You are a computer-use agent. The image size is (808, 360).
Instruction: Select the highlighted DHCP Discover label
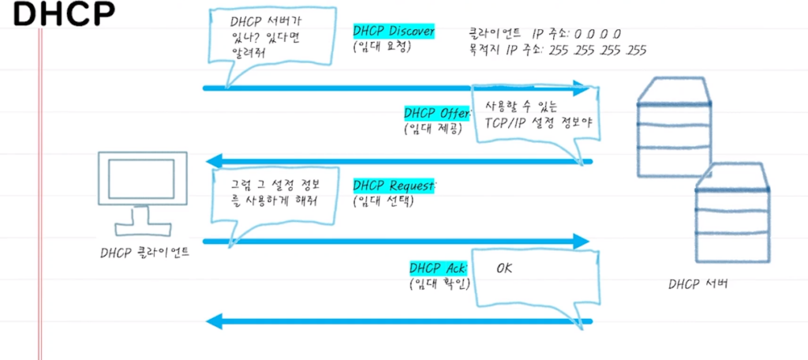(x=394, y=31)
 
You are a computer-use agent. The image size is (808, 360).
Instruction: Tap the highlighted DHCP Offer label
(x=437, y=113)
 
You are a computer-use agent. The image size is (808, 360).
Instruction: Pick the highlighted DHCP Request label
(x=394, y=186)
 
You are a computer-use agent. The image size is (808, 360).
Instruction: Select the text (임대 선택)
(x=382, y=201)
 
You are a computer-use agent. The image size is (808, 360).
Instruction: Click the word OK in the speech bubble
(x=504, y=269)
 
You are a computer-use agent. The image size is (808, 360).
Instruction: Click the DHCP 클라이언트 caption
(x=144, y=254)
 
